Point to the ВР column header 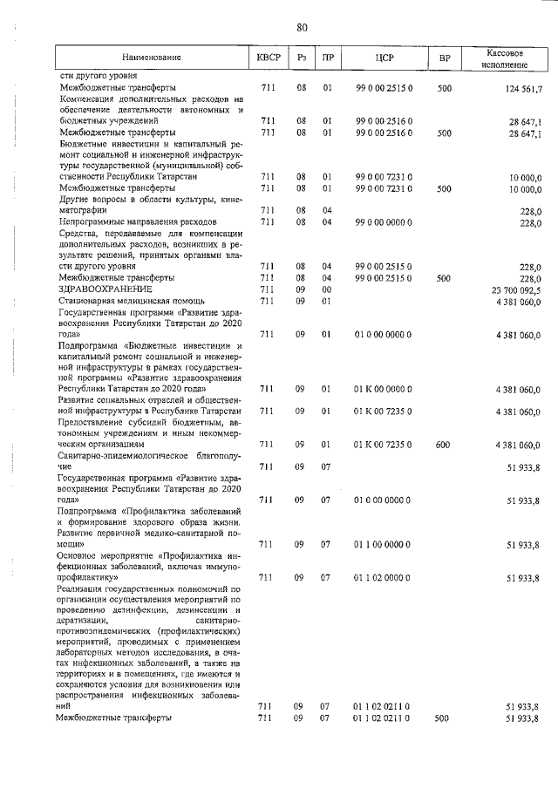445,58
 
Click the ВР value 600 444,445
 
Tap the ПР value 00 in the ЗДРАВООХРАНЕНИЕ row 326,289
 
